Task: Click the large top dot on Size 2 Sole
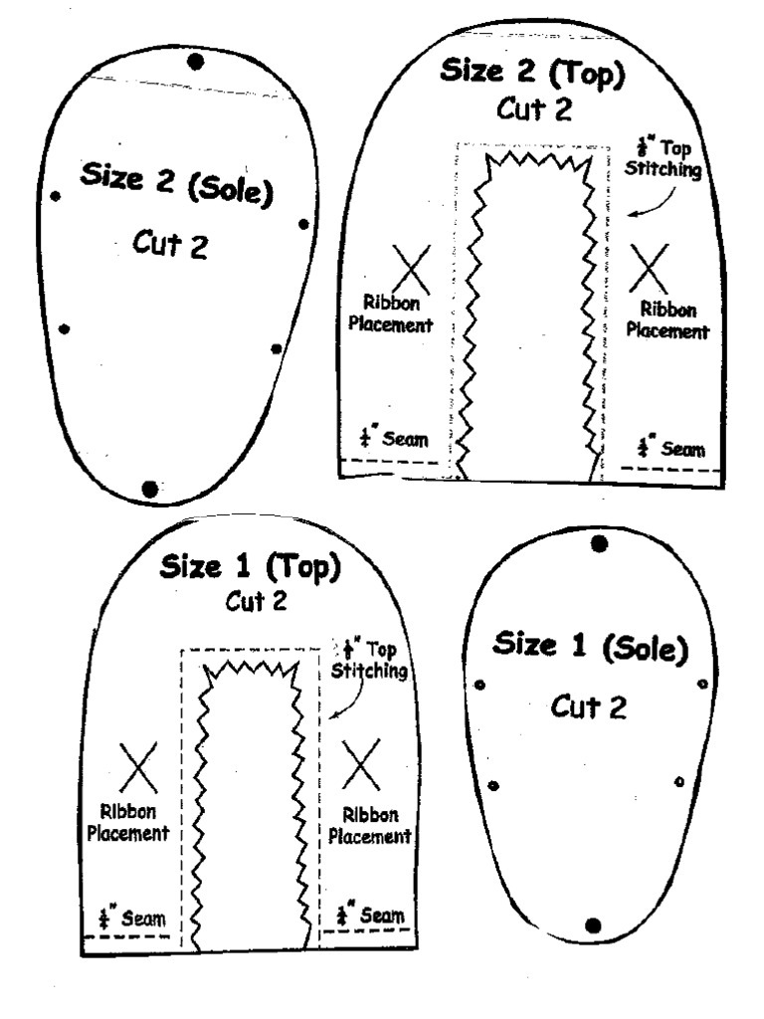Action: pos(195,62)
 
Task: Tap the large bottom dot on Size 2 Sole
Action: pos(150,488)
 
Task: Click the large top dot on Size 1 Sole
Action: pos(599,543)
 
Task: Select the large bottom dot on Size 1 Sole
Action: pos(594,925)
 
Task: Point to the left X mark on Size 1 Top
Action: pos(138,765)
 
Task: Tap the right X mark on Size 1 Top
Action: pos(360,763)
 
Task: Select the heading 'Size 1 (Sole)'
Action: pos(591,647)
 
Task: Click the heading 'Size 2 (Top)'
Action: pos(534,75)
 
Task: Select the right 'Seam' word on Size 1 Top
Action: pos(382,914)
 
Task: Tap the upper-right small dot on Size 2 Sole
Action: pos(304,224)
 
